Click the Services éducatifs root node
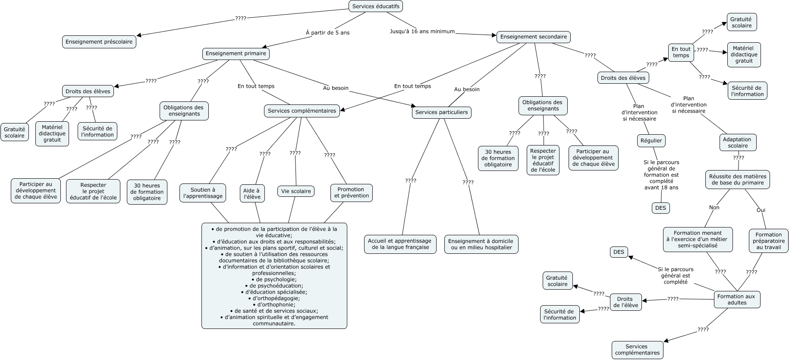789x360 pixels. pos(375,6)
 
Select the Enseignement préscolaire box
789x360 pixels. pos(99,42)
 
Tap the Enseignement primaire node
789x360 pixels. pos(236,54)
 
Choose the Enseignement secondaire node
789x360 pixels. pos(533,37)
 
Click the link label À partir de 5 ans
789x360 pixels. pos(327,33)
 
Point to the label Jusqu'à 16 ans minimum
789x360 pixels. pos(422,32)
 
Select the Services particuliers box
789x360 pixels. pos(441,112)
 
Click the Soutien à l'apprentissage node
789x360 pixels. pos(203,193)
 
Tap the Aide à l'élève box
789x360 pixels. pos(252,194)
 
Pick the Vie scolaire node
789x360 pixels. pos(296,191)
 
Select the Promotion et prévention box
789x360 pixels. pos(351,193)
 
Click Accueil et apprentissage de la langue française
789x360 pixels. pos(400,244)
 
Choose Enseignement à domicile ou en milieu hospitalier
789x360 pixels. pos(481,244)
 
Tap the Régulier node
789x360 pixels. pos(651,141)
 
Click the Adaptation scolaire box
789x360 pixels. pos(737,142)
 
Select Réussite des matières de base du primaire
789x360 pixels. pos(738,180)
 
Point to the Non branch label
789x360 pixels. pos(714,208)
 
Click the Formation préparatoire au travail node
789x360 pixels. pos(768,241)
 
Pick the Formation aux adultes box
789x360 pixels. pos(736,300)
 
